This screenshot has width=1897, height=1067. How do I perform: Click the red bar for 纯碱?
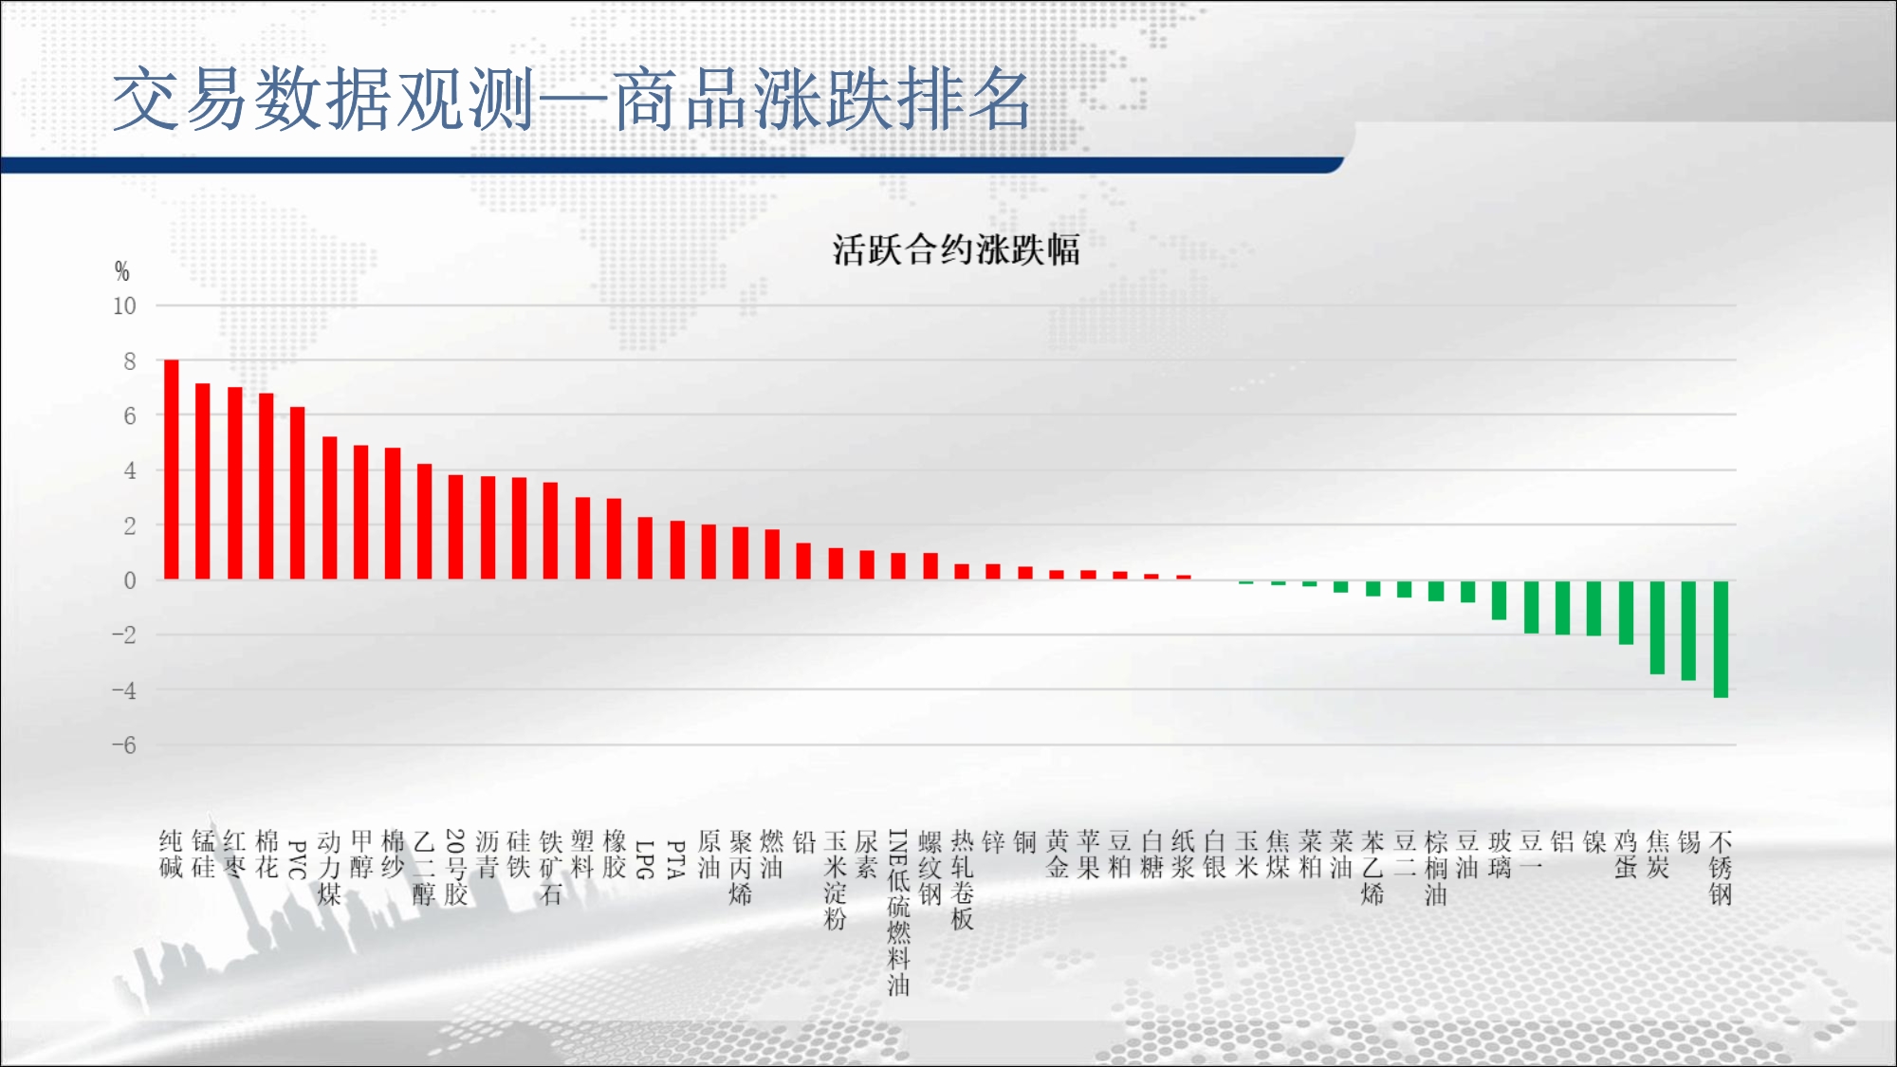click(x=171, y=469)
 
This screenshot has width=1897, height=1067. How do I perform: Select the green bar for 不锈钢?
click(x=1721, y=639)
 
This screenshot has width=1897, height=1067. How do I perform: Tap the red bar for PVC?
click(x=298, y=493)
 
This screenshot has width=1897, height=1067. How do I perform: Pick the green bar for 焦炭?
click(x=1657, y=627)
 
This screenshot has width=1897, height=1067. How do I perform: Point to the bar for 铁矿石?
click(x=551, y=531)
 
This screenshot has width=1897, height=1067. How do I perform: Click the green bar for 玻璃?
click(x=1500, y=600)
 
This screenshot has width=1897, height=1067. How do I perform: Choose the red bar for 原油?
click(x=709, y=552)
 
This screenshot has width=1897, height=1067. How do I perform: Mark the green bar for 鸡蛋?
click(x=1626, y=613)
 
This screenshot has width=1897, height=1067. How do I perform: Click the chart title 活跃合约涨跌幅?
click(x=956, y=250)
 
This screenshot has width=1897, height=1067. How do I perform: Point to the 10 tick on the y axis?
click(x=124, y=306)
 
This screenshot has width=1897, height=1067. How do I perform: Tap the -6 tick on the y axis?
click(x=124, y=745)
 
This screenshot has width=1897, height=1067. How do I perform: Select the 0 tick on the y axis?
click(x=130, y=580)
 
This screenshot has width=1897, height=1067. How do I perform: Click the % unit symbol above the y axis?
click(x=121, y=271)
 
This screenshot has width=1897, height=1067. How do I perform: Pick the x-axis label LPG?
click(x=645, y=859)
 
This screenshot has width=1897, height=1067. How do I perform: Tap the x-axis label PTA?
click(x=676, y=859)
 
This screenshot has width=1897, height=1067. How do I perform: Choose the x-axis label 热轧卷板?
click(x=962, y=880)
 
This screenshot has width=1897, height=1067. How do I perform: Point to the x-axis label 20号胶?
click(x=455, y=868)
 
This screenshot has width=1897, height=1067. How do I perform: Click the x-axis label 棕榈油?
click(x=1436, y=868)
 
